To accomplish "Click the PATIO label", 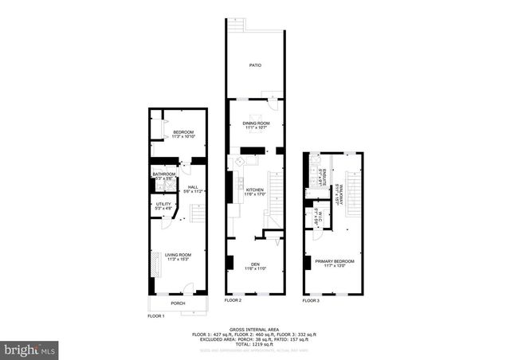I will point(254,65).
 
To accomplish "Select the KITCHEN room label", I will point(254,190).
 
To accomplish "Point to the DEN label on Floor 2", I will point(255,264).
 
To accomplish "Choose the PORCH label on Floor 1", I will point(178,303).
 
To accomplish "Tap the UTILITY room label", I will point(163,205).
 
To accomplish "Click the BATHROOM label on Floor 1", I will point(164,174).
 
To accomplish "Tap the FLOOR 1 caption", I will point(156,316).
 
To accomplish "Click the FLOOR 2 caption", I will point(233,300).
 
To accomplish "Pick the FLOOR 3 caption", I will point(311,300).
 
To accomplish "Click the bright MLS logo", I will point(29,349).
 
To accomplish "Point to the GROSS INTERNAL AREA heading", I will point(254,328).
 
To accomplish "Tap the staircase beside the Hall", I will point(197,213).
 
